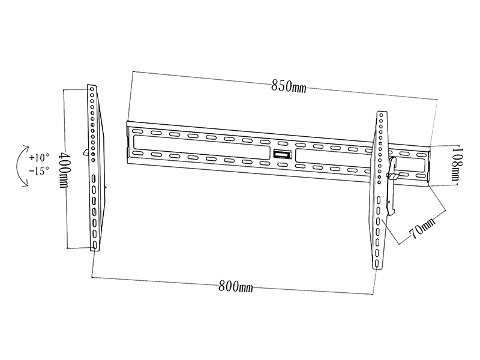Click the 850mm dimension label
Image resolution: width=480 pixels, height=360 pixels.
coord(289,86)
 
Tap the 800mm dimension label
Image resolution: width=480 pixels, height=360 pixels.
coord(235,287)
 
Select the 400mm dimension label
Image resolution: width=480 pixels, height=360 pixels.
coord(64,170)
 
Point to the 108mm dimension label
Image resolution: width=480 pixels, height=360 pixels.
coord(457,164)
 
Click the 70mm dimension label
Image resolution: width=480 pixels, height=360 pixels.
coord(422,229)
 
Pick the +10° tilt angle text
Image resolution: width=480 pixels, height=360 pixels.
coord(39,158)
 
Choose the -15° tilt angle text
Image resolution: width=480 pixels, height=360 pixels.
coord(39,171)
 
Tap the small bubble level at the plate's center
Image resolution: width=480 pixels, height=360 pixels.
coord(280,154)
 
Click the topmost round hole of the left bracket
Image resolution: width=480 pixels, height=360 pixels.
coord(92,89)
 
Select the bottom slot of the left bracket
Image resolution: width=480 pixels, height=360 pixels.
coord(95,245)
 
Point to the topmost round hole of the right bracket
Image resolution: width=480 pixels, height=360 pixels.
coord(382,115)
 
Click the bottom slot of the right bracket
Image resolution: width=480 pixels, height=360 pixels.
coord(376,263)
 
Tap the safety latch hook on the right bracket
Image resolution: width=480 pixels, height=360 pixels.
coord(392,187)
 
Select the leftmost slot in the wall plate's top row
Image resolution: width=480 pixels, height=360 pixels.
coord(138,131)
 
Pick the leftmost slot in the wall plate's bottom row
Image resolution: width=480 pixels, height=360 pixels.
coord(138,153)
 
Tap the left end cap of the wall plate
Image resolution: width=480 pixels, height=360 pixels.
coord(129,142)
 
